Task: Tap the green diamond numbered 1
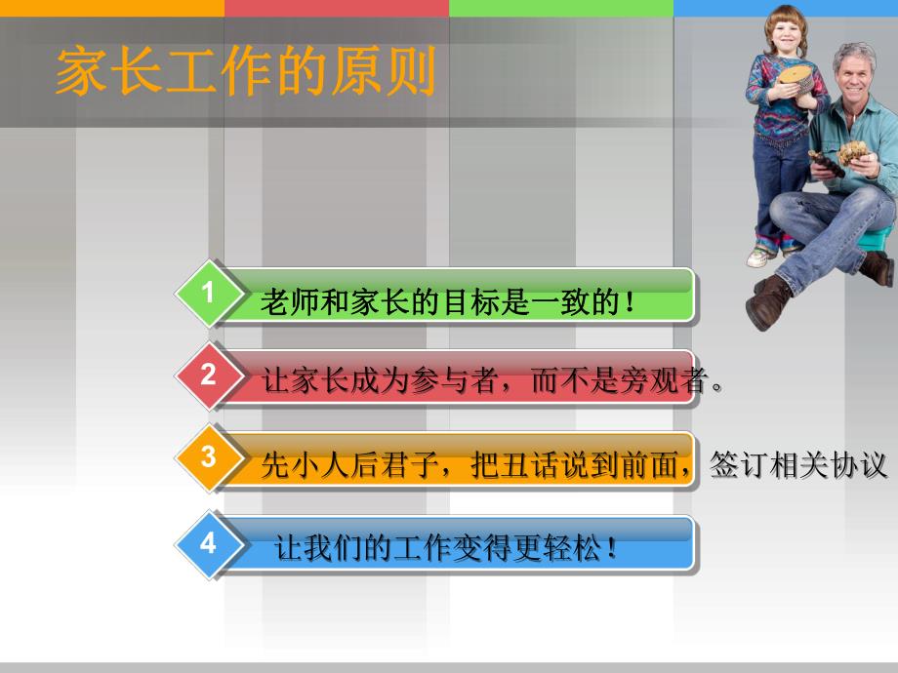tap(208, 294)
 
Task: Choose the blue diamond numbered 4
tap(208, 543)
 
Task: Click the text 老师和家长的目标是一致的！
tap(448, 303)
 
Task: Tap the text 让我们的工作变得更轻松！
tap(446, 549)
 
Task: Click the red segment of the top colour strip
tap(336, 8)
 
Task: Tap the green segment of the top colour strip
tap(560, 8)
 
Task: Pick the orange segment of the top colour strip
tap(111, 8)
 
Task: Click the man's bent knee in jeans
tap(796, 206)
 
